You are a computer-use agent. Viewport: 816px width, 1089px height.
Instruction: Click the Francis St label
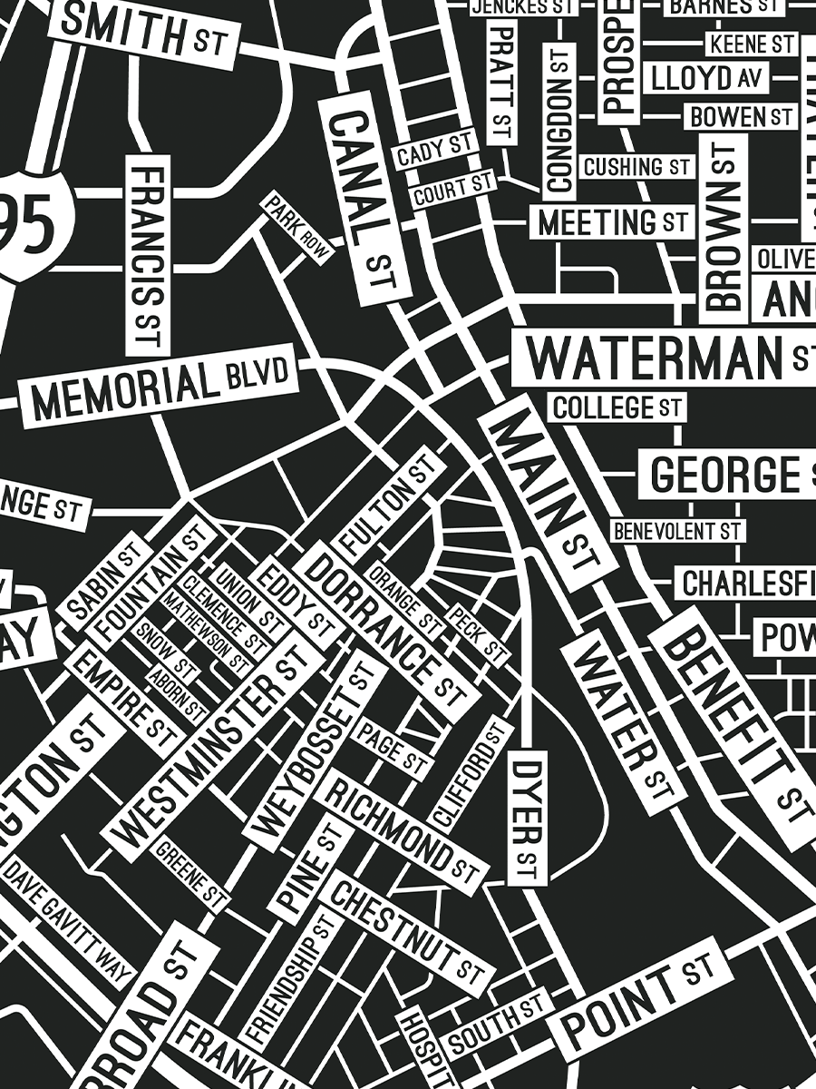[x=148, y=255]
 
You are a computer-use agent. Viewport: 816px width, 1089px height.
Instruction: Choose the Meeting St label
[x=612, y=222]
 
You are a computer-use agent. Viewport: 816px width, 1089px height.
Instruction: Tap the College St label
[x=617, y=407]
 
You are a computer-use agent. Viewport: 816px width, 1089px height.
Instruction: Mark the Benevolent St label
[x=676, y=531]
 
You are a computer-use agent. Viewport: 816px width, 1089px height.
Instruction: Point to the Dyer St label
[x=527, y=818]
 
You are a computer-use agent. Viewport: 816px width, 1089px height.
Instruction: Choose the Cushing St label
[x=636, y=167]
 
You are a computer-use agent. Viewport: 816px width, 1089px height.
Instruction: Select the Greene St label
[x=190, y=875]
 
